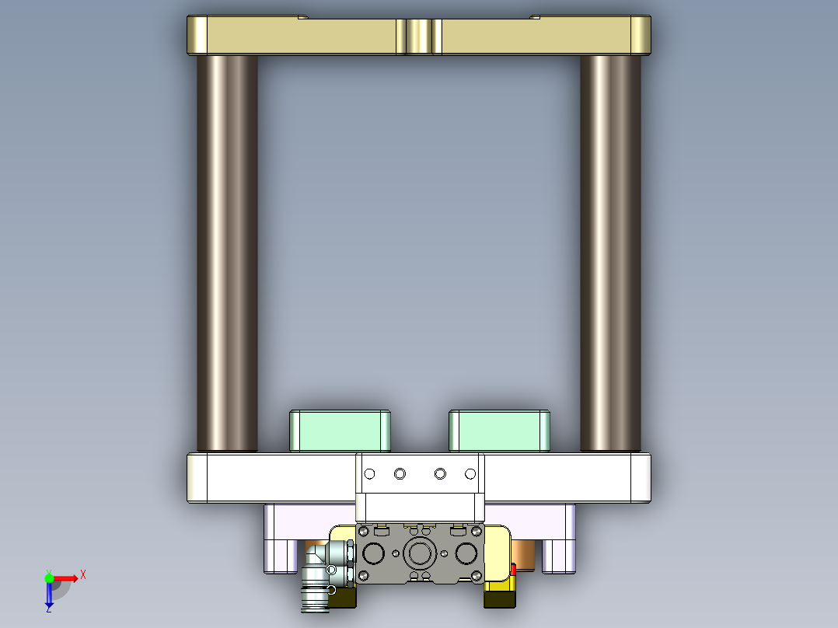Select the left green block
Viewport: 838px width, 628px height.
pyautogui.click(x=340, y=431)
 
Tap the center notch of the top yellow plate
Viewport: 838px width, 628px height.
pyautogui.click(x=419, y=36)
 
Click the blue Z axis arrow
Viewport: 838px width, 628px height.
pyautogui.click(x=49, y=597)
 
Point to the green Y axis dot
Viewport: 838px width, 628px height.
pyautogui.click(x=49, y=577)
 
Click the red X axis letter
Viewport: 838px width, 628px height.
pyautogui.click(x=83, y=574)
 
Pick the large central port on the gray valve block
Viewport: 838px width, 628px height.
pyautogui.click(x=420, y=553)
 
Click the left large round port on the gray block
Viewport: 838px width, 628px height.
pyautogui.click(x=372, y=554)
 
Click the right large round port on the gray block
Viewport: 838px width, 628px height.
pyautogui.click(x=467, y=554)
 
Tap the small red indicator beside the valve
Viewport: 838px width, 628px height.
pyautogui.click(x=513, y=570)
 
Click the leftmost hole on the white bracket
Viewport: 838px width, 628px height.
pyautogui.click(x=370, y=473)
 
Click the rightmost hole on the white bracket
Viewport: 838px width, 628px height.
pyautogui.click(x=470, y=473)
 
